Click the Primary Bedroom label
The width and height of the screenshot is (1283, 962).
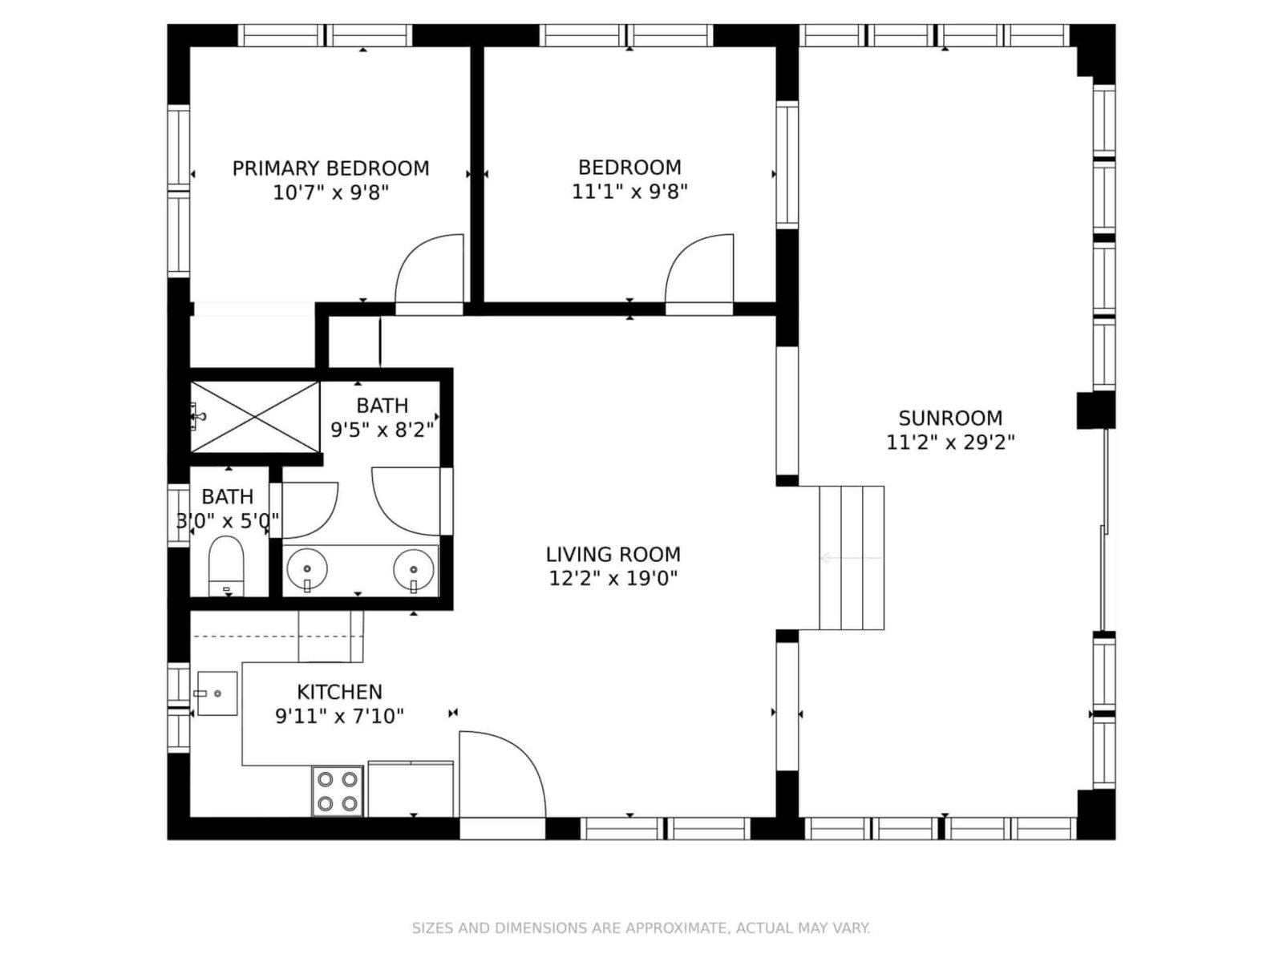click(x=331, y=168)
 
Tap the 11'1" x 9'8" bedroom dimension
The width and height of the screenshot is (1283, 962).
click(x=629, y=192)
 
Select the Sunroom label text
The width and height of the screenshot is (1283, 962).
click(x=950, y=418)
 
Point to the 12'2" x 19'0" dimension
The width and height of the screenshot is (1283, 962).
click(x=613, y=578)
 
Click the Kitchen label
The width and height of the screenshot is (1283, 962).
click(x=340, y=692)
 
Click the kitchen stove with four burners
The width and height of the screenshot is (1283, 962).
click(x=338, y=791)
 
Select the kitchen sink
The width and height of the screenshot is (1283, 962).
click(x=217, y=693)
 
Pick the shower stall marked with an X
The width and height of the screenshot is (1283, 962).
click(x=255, y=417)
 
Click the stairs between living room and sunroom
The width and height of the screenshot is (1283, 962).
click(x=852, y=558)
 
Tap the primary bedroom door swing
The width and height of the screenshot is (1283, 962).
click(x=430, y=269)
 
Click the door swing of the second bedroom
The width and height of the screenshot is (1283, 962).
click(x=699, y=269)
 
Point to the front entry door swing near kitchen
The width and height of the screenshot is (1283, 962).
click(x=502, y=774)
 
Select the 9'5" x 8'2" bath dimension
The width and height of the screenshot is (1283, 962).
click(x=382, y=430)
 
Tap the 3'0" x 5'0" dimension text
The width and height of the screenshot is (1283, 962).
click(x=228, y=520)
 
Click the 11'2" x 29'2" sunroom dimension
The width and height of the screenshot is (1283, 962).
click(x=950, y=443)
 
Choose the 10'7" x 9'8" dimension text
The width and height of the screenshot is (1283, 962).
click(x=331, y=192)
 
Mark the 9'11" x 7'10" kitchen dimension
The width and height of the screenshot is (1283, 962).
click(x=340, y=716)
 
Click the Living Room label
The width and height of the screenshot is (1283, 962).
click(x=613, y=554)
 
